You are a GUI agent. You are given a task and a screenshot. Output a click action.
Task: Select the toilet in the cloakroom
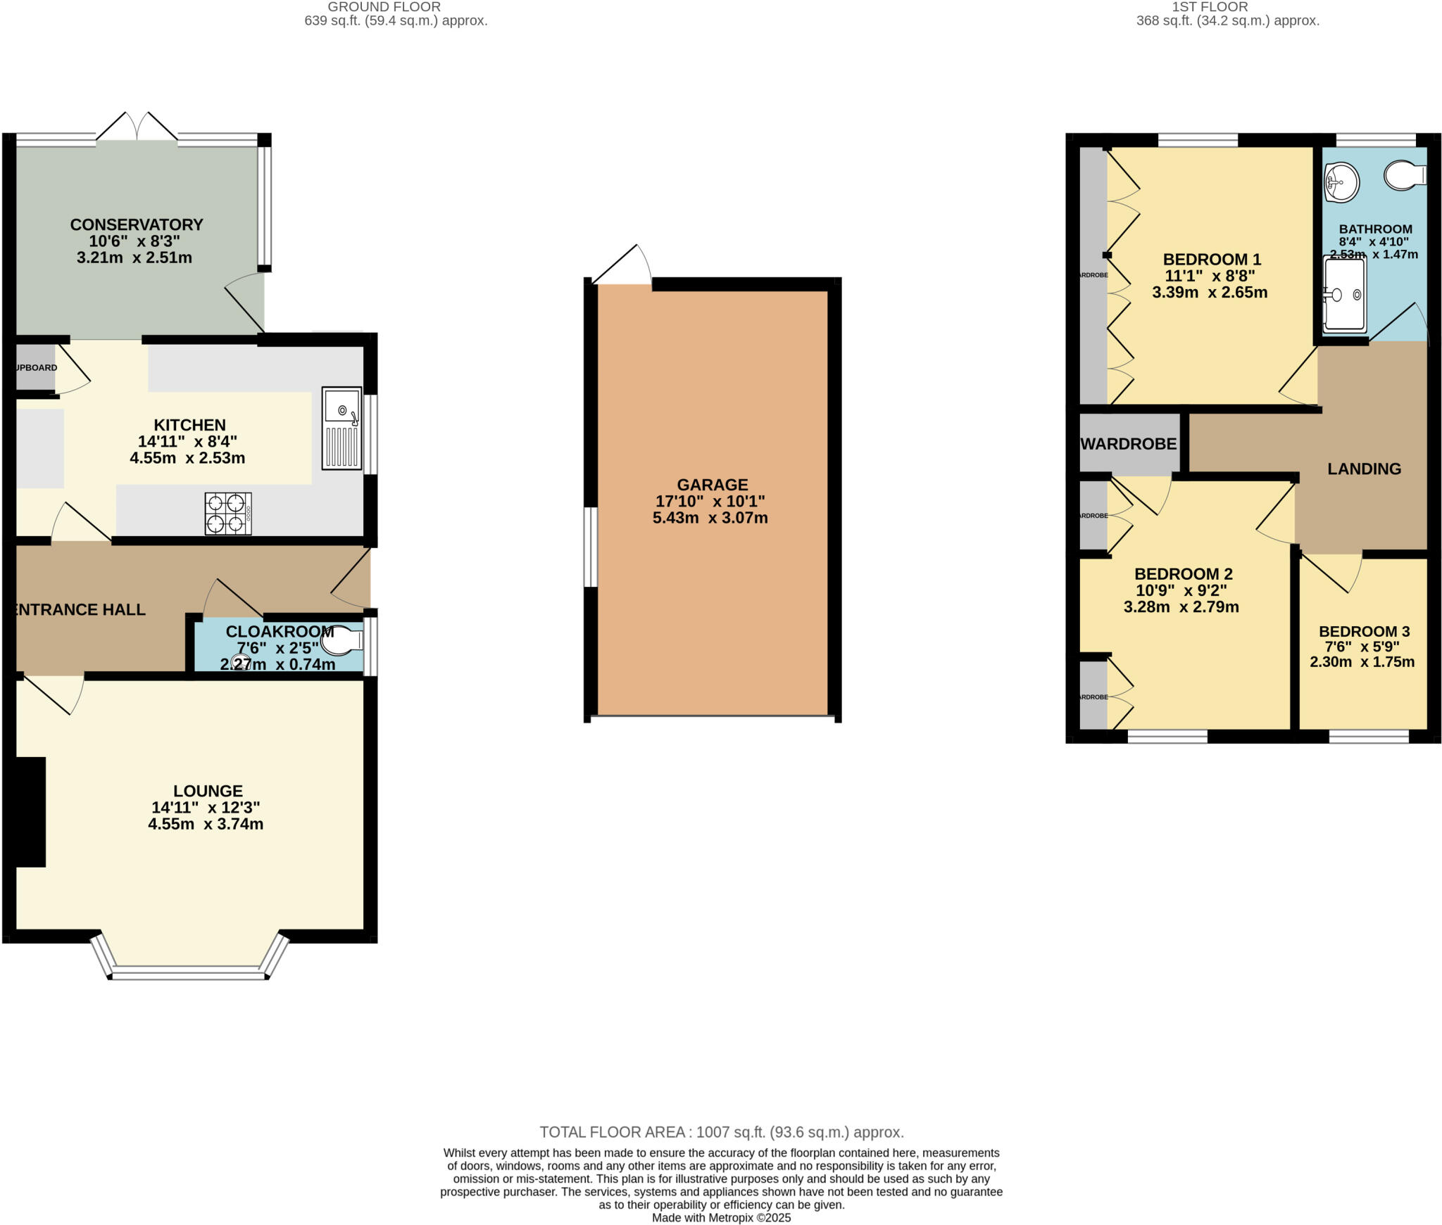tap(341, 642)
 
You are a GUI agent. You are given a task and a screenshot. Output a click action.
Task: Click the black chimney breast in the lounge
tap(30, 811)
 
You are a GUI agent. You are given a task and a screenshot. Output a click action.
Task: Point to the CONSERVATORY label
tap(137, 224)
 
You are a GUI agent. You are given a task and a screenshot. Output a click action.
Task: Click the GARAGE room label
tap(712, 485)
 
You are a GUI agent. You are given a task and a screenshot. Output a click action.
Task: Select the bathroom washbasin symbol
tap(1341, 182)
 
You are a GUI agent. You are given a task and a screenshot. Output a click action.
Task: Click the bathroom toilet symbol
tap(1404, 175)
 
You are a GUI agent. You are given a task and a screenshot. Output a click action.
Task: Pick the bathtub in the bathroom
tap(1345, 294)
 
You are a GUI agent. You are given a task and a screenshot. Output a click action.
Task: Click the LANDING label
tap(1364, 469)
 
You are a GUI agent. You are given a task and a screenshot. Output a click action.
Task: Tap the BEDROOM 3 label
tap(1364, 631)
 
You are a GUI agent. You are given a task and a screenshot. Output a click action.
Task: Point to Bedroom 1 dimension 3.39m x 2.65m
tap(1210, 292)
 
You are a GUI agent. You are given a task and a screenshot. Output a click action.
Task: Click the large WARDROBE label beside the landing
tap(1129, 444)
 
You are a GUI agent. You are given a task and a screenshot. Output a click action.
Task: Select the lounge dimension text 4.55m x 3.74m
tap(206, 824)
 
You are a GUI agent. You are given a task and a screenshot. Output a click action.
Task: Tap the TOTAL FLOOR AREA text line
tap(721, 1132)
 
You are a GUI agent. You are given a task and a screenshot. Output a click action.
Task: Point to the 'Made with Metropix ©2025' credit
tap(721, 1217)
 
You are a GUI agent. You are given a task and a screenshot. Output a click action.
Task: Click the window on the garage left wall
tap(591, 547)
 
